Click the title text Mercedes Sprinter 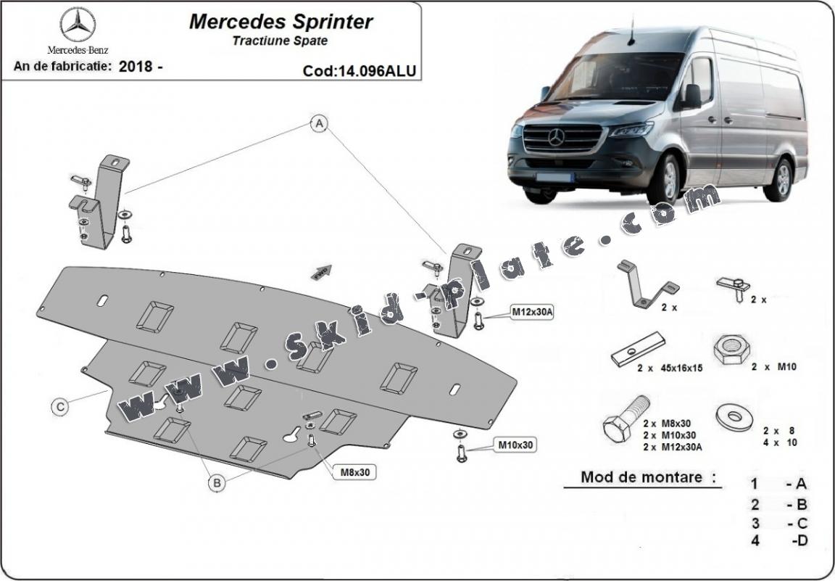click(x=281, y=21)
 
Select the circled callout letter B click(x=215, y=482)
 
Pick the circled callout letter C click(x=62, y=407)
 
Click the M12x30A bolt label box click(x=533, y=312)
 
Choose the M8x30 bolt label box click(x=354, y=472)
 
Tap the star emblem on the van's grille click(x=556, y=137)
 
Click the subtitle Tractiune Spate click(x=280, y=41)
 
